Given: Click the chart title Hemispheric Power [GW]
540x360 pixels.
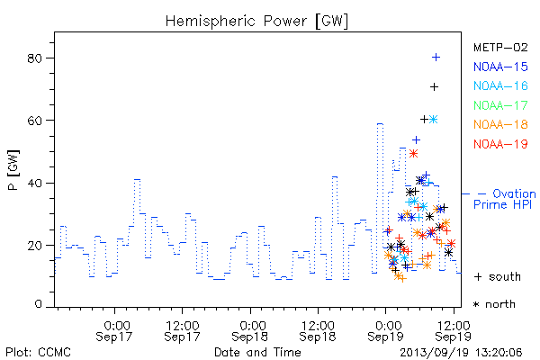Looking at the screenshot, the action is (x=256, y=21).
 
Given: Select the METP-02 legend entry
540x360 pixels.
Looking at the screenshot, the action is (x=500, y=47).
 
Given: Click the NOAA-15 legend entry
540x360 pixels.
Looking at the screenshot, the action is (x=500, y=67).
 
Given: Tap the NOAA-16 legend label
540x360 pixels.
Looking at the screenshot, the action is (x=500, y=85).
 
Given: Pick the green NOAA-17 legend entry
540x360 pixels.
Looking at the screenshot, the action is (x=500, y=105).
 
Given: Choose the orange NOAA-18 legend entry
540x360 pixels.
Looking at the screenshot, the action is (x=500, y=124).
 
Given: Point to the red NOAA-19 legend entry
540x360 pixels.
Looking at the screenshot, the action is (x=500, y=144).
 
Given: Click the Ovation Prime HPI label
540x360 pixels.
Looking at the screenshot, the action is (x=504, y=199).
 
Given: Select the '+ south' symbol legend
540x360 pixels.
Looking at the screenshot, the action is (x=498, y=276).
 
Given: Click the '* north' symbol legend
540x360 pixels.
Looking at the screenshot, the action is (x=494, y=304).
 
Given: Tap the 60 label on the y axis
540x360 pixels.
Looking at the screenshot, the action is (x=34, y=121).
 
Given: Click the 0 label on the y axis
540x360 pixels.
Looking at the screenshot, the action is (x=38, y=304).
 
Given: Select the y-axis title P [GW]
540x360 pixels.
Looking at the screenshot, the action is (x=13, y=170).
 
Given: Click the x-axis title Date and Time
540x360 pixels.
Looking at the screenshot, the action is (x=257, y=352).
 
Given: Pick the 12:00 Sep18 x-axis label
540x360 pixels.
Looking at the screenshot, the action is (x=317, y=331).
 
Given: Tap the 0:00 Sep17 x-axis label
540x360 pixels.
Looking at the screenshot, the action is (x=114, y=331).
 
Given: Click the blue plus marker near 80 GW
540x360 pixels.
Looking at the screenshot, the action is (x=436, y=58).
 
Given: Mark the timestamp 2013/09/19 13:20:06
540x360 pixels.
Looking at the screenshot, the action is (x=461, y=353).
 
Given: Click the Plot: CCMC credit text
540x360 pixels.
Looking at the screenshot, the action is (x=38, y=353).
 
